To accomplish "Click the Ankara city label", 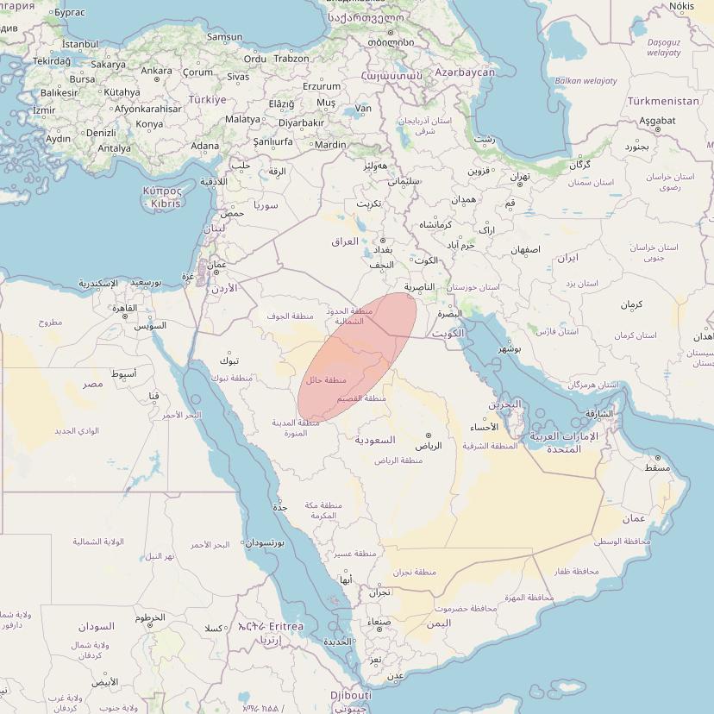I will point(156,71).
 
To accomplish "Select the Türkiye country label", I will point(207,100).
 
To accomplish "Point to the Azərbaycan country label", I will point(465,72).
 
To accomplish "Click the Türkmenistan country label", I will point(663,101).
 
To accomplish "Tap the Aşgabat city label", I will point(657,121).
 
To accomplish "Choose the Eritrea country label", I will point(286,626).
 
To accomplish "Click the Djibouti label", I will point(351,695).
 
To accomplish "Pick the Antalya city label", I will point(114,148).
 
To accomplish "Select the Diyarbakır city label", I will point(301,122).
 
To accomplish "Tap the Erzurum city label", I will point(322,86).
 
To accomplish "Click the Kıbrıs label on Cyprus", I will point(166,204).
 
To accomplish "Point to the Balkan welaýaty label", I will point(586,81).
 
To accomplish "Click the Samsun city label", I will point(224,37).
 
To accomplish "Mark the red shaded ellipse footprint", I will point(358,358).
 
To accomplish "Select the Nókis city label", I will point(681,7).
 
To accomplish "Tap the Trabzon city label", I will point(291,59).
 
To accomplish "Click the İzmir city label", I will point(44,110).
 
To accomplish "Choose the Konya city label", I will point(149,124).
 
